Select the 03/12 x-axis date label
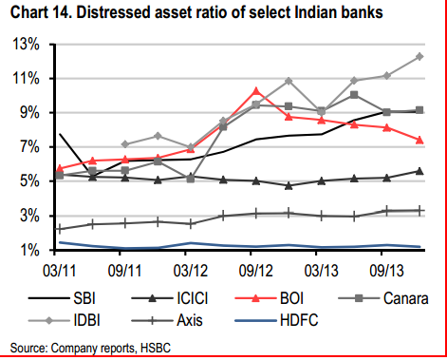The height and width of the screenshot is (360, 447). pos(190,270)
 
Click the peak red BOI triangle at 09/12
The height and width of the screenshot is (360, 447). pos(255,90)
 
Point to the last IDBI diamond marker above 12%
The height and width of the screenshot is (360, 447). pos(419,56)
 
